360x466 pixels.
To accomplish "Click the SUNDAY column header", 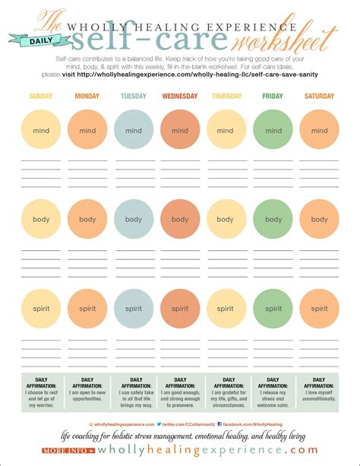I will [x=41, y=96].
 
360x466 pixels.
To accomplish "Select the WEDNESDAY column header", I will [x=179, y=96].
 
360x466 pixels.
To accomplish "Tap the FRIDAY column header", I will [x=272, y=96].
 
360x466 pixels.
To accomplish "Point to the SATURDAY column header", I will [x=318, y=96].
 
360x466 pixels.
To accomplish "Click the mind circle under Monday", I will [x=87, y=130].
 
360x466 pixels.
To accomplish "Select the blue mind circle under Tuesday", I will [x=134, y=130].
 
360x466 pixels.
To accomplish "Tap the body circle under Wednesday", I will [x=180, y=220].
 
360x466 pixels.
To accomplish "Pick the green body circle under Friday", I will [x=273, y=220].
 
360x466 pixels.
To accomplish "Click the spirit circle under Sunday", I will [x=41, y=309].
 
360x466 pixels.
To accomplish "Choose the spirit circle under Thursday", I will [x=226, y=309].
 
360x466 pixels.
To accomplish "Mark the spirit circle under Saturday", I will [x=319, y=309].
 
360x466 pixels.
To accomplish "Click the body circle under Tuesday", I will [x=134, y=220].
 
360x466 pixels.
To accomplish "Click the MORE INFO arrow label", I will [x=68, y=450].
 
